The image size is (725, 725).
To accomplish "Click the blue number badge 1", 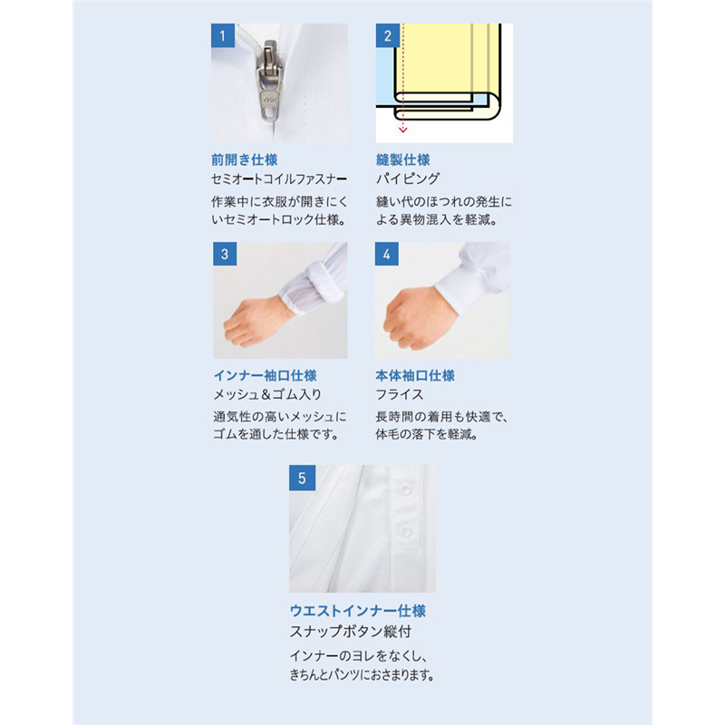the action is pos(223,35).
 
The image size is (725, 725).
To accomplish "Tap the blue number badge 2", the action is pos(388,35).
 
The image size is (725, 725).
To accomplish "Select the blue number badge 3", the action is pos(225,254).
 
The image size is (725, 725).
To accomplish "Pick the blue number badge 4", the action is pos(387,254).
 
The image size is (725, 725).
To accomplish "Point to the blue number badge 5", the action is pos(303,478).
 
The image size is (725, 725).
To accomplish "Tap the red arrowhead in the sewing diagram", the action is pos(402,130).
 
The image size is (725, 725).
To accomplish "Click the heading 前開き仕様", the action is pos(244,160).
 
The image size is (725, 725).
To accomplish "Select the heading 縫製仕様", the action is pos(402,160).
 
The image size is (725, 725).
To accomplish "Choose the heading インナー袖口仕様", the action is pos(265,375).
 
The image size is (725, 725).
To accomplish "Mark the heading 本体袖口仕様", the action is pos(415,375).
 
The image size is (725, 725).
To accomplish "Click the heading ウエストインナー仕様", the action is pos(357,611).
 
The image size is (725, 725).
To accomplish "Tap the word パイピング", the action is pos(407,179).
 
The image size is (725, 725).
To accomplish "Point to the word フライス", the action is pos(400,394).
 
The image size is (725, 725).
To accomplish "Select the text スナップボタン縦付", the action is pos(351,631).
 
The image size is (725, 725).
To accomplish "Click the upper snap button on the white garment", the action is pos(405,489).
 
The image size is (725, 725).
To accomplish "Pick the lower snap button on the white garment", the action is pos(405,531).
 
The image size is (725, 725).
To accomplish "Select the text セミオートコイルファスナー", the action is pos(279,179).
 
